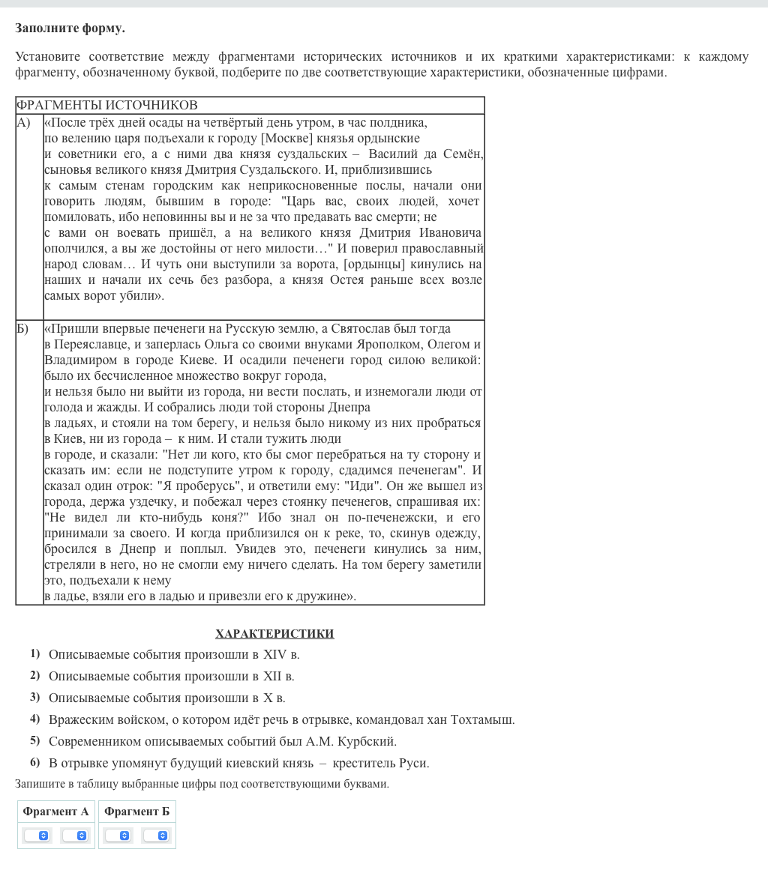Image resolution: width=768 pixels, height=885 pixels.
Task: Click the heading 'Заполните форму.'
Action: point(70,28)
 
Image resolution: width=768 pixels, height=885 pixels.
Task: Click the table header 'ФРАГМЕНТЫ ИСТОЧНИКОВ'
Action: point(106,105)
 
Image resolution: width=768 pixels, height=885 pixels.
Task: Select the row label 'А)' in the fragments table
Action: point(24,122)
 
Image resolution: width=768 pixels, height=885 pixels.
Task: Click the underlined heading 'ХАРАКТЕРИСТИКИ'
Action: point(274,634)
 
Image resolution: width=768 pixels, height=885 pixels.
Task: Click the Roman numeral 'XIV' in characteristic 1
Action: point(274,654)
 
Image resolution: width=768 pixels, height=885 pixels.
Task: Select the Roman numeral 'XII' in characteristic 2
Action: point(271,676)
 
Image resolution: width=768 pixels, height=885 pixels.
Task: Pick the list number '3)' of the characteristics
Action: point(34,697)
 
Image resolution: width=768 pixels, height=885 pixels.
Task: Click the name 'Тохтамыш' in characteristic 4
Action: point(481,719)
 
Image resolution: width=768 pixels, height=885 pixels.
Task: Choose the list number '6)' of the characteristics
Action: point(34,762)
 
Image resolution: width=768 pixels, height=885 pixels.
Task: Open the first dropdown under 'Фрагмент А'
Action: point(37,836)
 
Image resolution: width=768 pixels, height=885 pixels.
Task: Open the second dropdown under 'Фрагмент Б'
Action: point(156,836)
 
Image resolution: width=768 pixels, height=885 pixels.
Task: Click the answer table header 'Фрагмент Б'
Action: point(136,812)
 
